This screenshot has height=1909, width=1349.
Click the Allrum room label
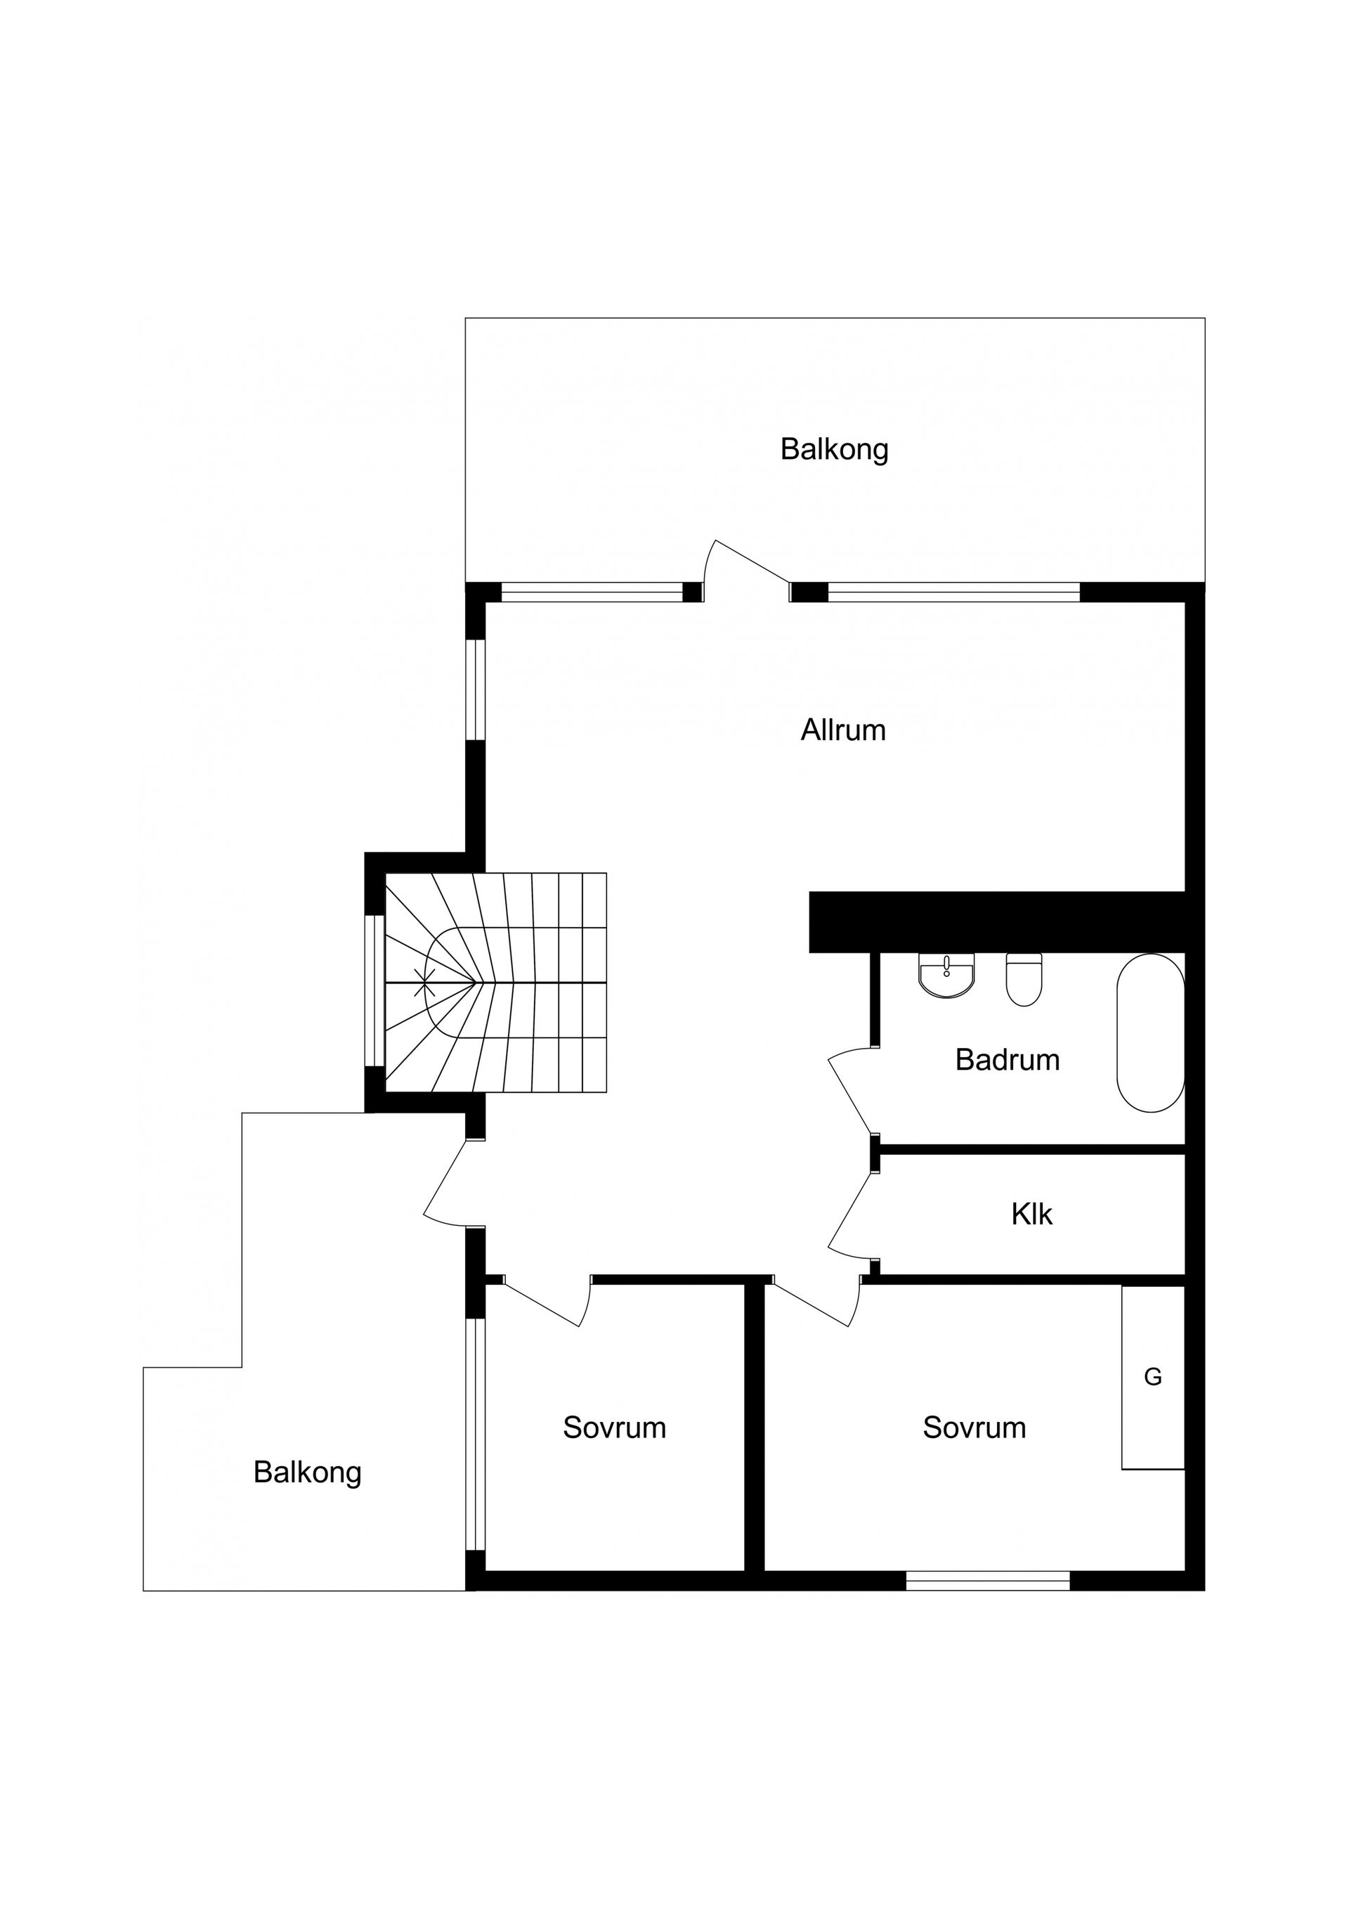point(843,730)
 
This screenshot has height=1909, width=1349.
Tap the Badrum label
point(1008,1060)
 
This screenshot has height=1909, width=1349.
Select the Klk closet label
point(1031,1215)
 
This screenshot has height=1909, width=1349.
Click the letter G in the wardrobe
point(1153,1378)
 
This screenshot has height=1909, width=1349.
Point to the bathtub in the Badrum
point(1150,1033)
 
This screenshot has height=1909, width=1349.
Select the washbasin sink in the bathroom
point(946,976)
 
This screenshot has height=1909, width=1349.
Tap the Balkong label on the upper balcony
point(835,450)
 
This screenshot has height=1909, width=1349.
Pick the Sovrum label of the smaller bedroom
point(614,1428)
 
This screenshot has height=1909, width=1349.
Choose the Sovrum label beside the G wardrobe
point(974,1428)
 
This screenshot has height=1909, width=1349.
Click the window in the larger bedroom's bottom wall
point(987,1581)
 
